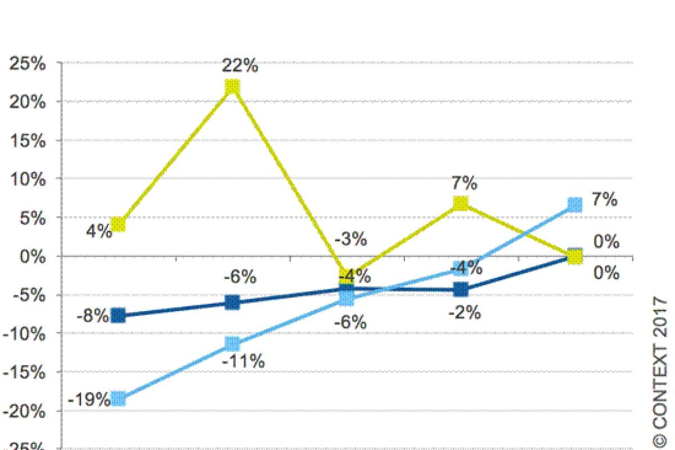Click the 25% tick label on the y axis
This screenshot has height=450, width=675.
27,64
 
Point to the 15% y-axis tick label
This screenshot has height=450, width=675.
27,141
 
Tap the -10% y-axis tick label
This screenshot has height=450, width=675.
24,333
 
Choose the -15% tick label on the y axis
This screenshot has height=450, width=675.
24,372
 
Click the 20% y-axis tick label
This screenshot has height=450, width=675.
27,102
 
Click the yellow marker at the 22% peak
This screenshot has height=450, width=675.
232,87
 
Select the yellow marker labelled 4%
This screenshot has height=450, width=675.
118,224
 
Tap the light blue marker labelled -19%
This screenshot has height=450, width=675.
118,399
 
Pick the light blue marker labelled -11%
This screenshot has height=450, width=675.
232,343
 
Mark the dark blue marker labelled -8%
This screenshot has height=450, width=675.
118,316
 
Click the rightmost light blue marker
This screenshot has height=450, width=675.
574,204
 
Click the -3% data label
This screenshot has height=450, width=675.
350,239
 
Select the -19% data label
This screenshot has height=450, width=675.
89,400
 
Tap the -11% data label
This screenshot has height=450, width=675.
243,362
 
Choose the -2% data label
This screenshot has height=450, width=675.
464,313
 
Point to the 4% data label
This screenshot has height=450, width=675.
99,231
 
